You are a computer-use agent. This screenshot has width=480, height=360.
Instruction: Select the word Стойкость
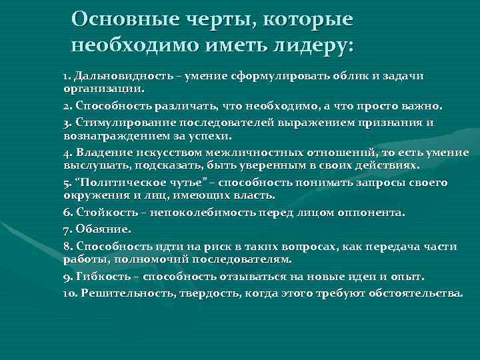point(106,213)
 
